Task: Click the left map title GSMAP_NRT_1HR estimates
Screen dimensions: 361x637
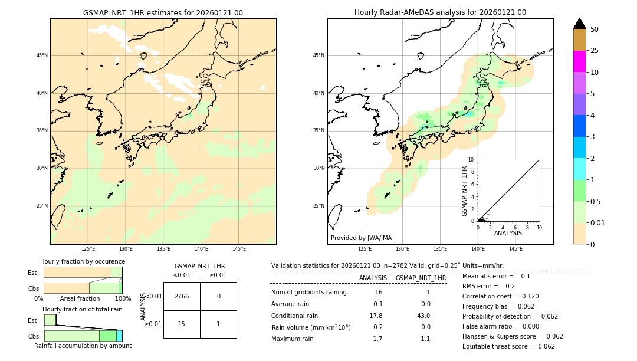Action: tap(163, 12)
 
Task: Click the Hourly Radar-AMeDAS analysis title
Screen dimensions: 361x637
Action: tap(440, 12)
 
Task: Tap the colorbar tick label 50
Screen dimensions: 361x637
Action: tap(595, 29)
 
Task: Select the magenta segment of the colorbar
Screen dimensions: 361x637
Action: tap(579, 61)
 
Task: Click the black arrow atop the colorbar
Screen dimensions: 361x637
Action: tap(579, 24)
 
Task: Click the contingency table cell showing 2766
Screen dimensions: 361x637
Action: tap(182, 296)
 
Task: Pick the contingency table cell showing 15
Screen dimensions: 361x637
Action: tap(182, 324)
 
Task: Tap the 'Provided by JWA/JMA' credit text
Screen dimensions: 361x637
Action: tap(361, 238)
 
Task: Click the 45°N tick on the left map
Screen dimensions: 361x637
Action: tap(42, 55)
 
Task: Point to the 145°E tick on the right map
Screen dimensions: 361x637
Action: tap(515, 250)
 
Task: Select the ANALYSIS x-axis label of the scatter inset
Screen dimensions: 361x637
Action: tap(508, 233)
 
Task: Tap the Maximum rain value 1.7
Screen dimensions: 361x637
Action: tap(377, 339)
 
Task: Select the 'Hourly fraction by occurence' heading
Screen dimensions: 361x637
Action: tap(83, 261)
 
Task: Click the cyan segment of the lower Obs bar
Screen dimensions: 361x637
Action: tap(119, 336)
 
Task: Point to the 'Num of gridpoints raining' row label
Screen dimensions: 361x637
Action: tap(308, 292)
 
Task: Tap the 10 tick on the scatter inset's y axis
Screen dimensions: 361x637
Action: tap(471, 159)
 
